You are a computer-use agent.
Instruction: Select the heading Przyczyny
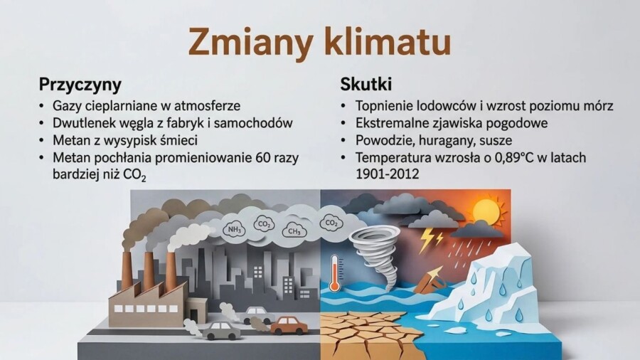[80, 84]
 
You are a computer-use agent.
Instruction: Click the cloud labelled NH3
[232, 229]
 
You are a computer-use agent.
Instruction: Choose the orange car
[289, 325]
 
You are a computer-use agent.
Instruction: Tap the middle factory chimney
[149, 270]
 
